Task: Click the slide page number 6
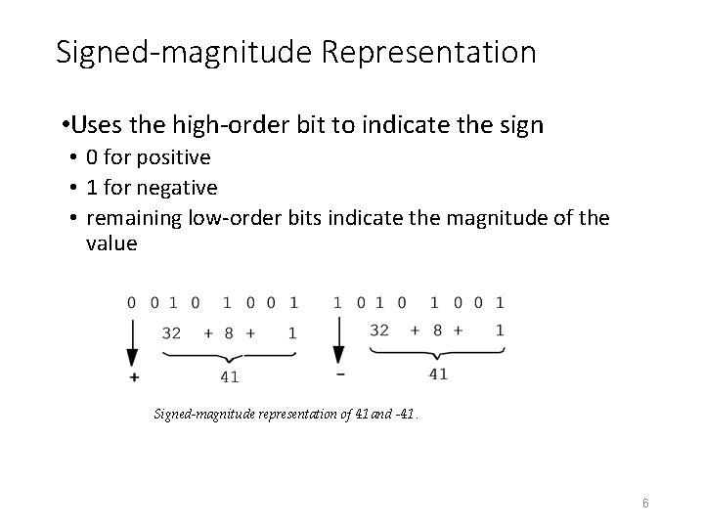coord(645,503)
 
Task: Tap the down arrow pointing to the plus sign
coord(133,343)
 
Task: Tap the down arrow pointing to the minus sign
coord(338,343)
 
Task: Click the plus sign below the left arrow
coord(133,376)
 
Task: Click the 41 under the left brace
coord(231,375)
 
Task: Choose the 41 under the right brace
coord(439,373)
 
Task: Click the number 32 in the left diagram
coord(171,333)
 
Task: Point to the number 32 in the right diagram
coord(379,330)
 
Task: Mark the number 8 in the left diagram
coord(229,333)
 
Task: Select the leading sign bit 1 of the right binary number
coord(338,303)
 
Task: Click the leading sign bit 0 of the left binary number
coord(132,303)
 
